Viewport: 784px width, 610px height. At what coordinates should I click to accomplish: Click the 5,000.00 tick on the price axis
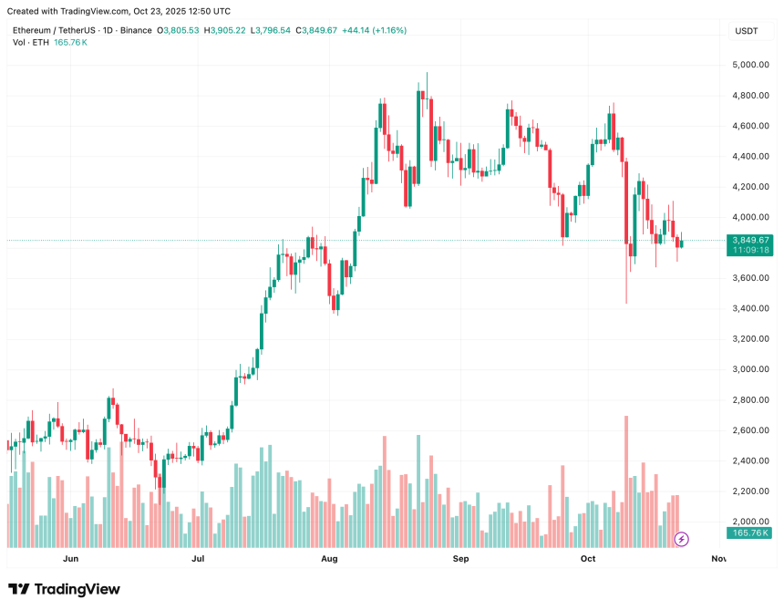749,65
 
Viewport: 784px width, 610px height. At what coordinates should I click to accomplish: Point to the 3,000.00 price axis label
749,369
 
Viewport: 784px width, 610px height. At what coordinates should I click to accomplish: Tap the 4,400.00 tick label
749,156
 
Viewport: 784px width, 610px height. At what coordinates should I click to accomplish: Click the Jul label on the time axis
198,558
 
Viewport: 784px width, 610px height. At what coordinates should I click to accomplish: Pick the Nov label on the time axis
718,558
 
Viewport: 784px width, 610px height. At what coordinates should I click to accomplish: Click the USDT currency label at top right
746,31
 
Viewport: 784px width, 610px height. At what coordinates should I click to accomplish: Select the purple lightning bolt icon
681,539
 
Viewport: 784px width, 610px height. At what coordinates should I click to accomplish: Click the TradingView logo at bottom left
64,589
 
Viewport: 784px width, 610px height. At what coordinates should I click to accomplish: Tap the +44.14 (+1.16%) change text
374,30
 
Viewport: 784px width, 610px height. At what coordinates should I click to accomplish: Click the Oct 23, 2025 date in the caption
160,11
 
